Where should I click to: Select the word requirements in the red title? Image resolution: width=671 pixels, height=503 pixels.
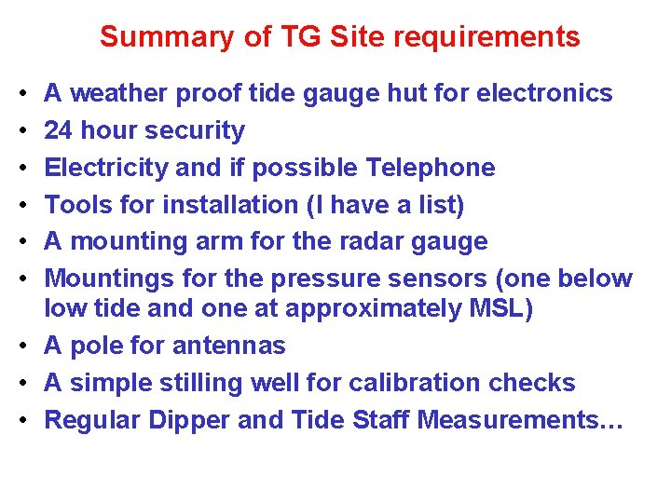pyautogui.click(x=486, y=38)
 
